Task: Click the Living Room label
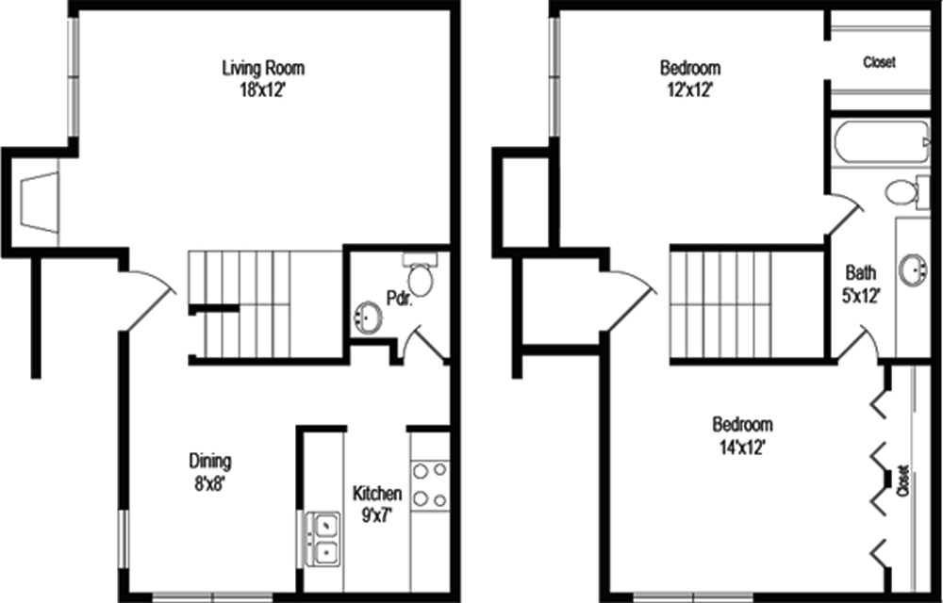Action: click(x=263, y=67)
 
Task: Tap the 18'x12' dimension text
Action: click(x=262, y=90)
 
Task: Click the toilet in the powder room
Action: click(x=420, y=275)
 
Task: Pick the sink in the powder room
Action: click(x=368, y=317)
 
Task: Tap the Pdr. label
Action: click(x=399, y=298)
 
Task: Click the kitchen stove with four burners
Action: click(x=430, y=485)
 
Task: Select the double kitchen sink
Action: click(x=323, y=538)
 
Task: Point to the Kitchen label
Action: click(x=377, y=494)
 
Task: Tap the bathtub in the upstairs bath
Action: click(x=883, y=141)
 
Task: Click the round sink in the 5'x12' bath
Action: click(x=914, y=269)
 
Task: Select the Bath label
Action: click(x=861, y=272)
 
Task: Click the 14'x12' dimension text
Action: click(x=742, y=448)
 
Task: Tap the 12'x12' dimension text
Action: click(x=690, y=90)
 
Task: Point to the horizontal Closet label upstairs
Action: click(x=879, y=62)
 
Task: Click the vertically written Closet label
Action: click(x=902, y=481)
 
